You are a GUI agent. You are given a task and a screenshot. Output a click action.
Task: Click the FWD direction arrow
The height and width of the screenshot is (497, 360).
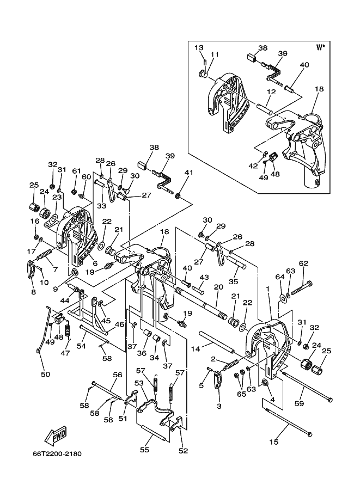pyautogui.click(x=56, y=435)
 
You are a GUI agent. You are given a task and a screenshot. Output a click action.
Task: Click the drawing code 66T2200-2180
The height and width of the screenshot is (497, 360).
pyautogui.click(x=57, y=454)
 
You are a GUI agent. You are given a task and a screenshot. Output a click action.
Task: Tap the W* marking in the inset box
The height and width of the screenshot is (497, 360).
pyautogui.click(x=321, y=47)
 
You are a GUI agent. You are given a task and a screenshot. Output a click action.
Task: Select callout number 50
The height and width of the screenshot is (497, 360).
pyautogui.click(x=45, y=374)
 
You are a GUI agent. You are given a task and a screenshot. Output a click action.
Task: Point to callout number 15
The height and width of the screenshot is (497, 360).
pyautogui.click(x=274, y=441)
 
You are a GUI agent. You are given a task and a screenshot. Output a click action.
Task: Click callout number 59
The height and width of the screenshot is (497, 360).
pyautogui.click(x=299, y=403)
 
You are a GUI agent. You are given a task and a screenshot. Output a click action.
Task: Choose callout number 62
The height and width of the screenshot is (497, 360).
pyautogui.click(x=303, y=263)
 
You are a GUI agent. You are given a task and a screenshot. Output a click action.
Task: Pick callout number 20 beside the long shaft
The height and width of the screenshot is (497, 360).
pyautogui.click(x=218, y=287)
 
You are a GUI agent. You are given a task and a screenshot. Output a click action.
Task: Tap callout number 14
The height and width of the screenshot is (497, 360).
pyautogui.click(x=196, y=349)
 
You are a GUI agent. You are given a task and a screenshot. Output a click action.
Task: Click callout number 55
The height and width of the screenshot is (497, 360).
pyautogui.click(x=144, y=450)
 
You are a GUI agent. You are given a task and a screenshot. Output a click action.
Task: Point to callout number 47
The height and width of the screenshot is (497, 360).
pyautogui.click(x=65, y=353)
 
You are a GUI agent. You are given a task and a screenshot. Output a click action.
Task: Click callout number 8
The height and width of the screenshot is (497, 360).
pyautogui.click(x=34, y=292)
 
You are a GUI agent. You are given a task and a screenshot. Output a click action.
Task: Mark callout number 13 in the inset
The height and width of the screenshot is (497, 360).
pyautogui.click(x=199, y=47)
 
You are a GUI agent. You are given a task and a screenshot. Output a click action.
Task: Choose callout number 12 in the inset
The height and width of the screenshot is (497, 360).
pyautogui.click(x=271, y=92)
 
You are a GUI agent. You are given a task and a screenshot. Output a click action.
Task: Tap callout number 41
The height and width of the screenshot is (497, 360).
pyautogui.click(x=189, y=173)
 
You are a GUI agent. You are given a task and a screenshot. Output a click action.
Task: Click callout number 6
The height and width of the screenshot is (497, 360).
pyautogui.click(x=95, y=263)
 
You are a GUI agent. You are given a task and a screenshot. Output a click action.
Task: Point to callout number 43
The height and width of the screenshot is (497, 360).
pyautogui.click(x=204, y=277)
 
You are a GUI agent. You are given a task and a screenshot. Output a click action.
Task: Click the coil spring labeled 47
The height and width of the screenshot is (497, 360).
pyautogui.click(x=67, y=332)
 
